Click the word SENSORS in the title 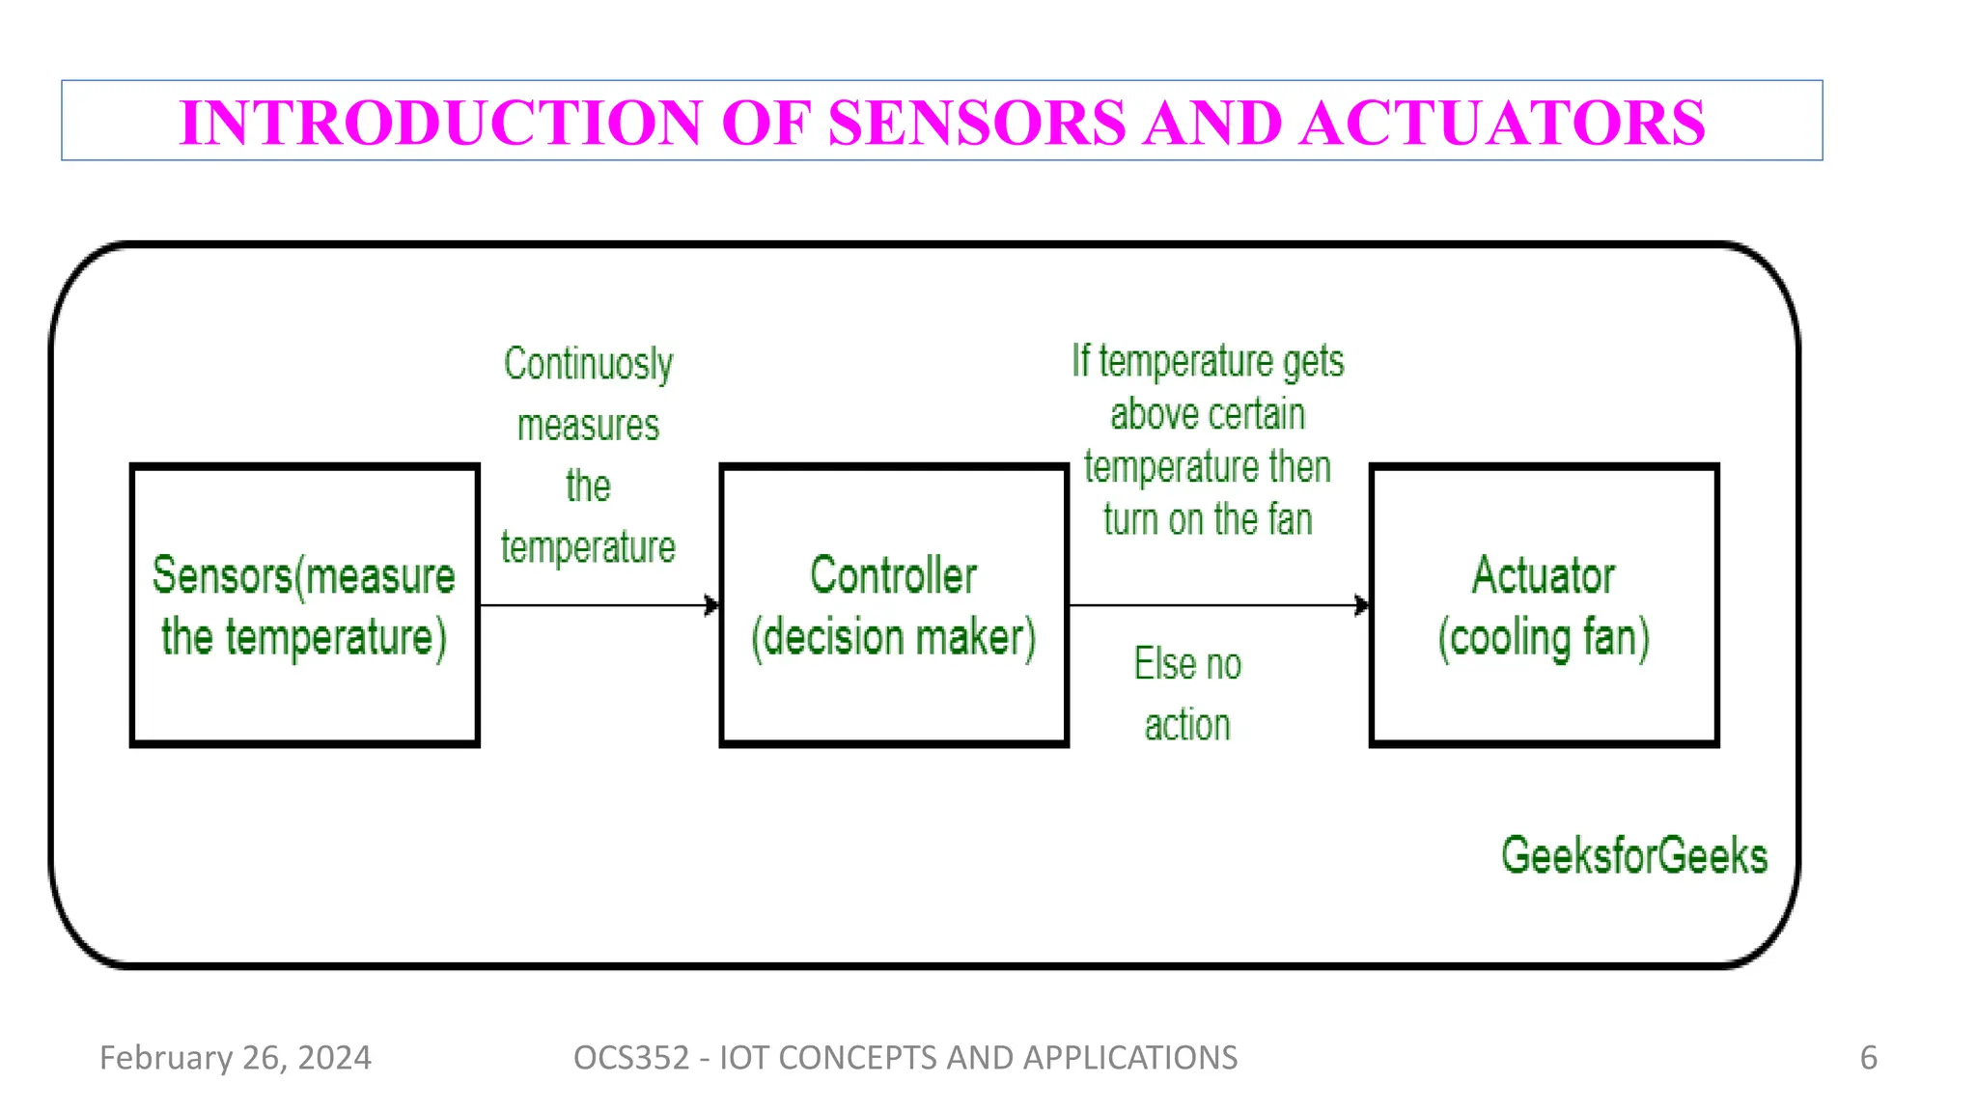[x=976, y=123]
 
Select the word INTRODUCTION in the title [x=441, y=123]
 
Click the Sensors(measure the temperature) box [x=304, y=605]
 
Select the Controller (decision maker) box [x=893, y=605]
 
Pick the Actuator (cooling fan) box [x=1543, y=605]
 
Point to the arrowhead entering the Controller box [x=712, y=605]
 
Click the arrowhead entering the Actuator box [x=1362, y=605]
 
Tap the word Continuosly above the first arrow [x=588, y=365]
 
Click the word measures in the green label [x=588, y=426]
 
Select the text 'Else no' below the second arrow [x=1187, y=664]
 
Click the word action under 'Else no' [x=1187, y=725]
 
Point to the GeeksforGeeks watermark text [x=1633, y=855]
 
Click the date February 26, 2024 [x=235, y=1058]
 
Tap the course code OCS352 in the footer [x=630, y=1058]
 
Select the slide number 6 [x=1868, y=1058]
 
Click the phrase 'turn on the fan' [x=1208, y=520]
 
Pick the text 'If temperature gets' [x=1208, y=362]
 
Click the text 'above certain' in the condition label [x=1208, y=415]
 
